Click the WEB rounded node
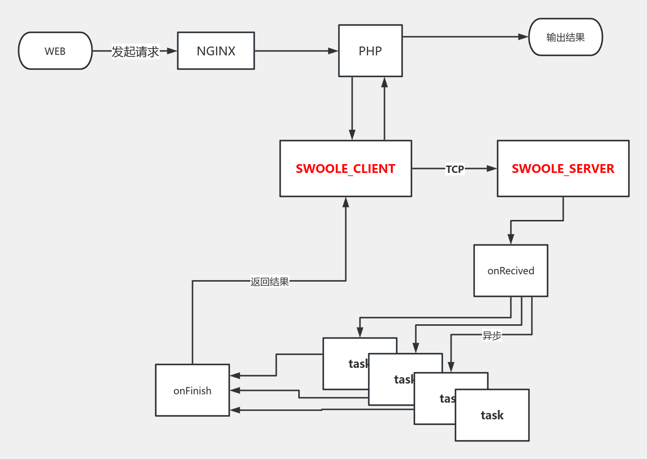pos(55,51)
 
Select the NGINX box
pos(216,51)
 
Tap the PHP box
pos(370,51)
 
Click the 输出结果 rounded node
pos(565,37)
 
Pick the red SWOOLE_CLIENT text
pos(345,169)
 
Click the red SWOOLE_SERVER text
pos(563,169)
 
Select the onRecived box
pos(510,271)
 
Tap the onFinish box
pos(192,390)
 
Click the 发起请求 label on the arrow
pos(135,51)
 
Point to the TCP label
pos(455,169)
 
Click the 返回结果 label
pos(269,282)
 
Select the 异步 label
pos(492,336)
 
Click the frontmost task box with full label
pos(492,415)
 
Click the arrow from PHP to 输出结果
pos(465,37)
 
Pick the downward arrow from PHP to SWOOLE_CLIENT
pos(352,108)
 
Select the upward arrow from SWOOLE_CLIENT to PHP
pos(384,108)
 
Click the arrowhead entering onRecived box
pos(511,239)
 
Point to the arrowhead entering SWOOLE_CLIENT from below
pos(346,202)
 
